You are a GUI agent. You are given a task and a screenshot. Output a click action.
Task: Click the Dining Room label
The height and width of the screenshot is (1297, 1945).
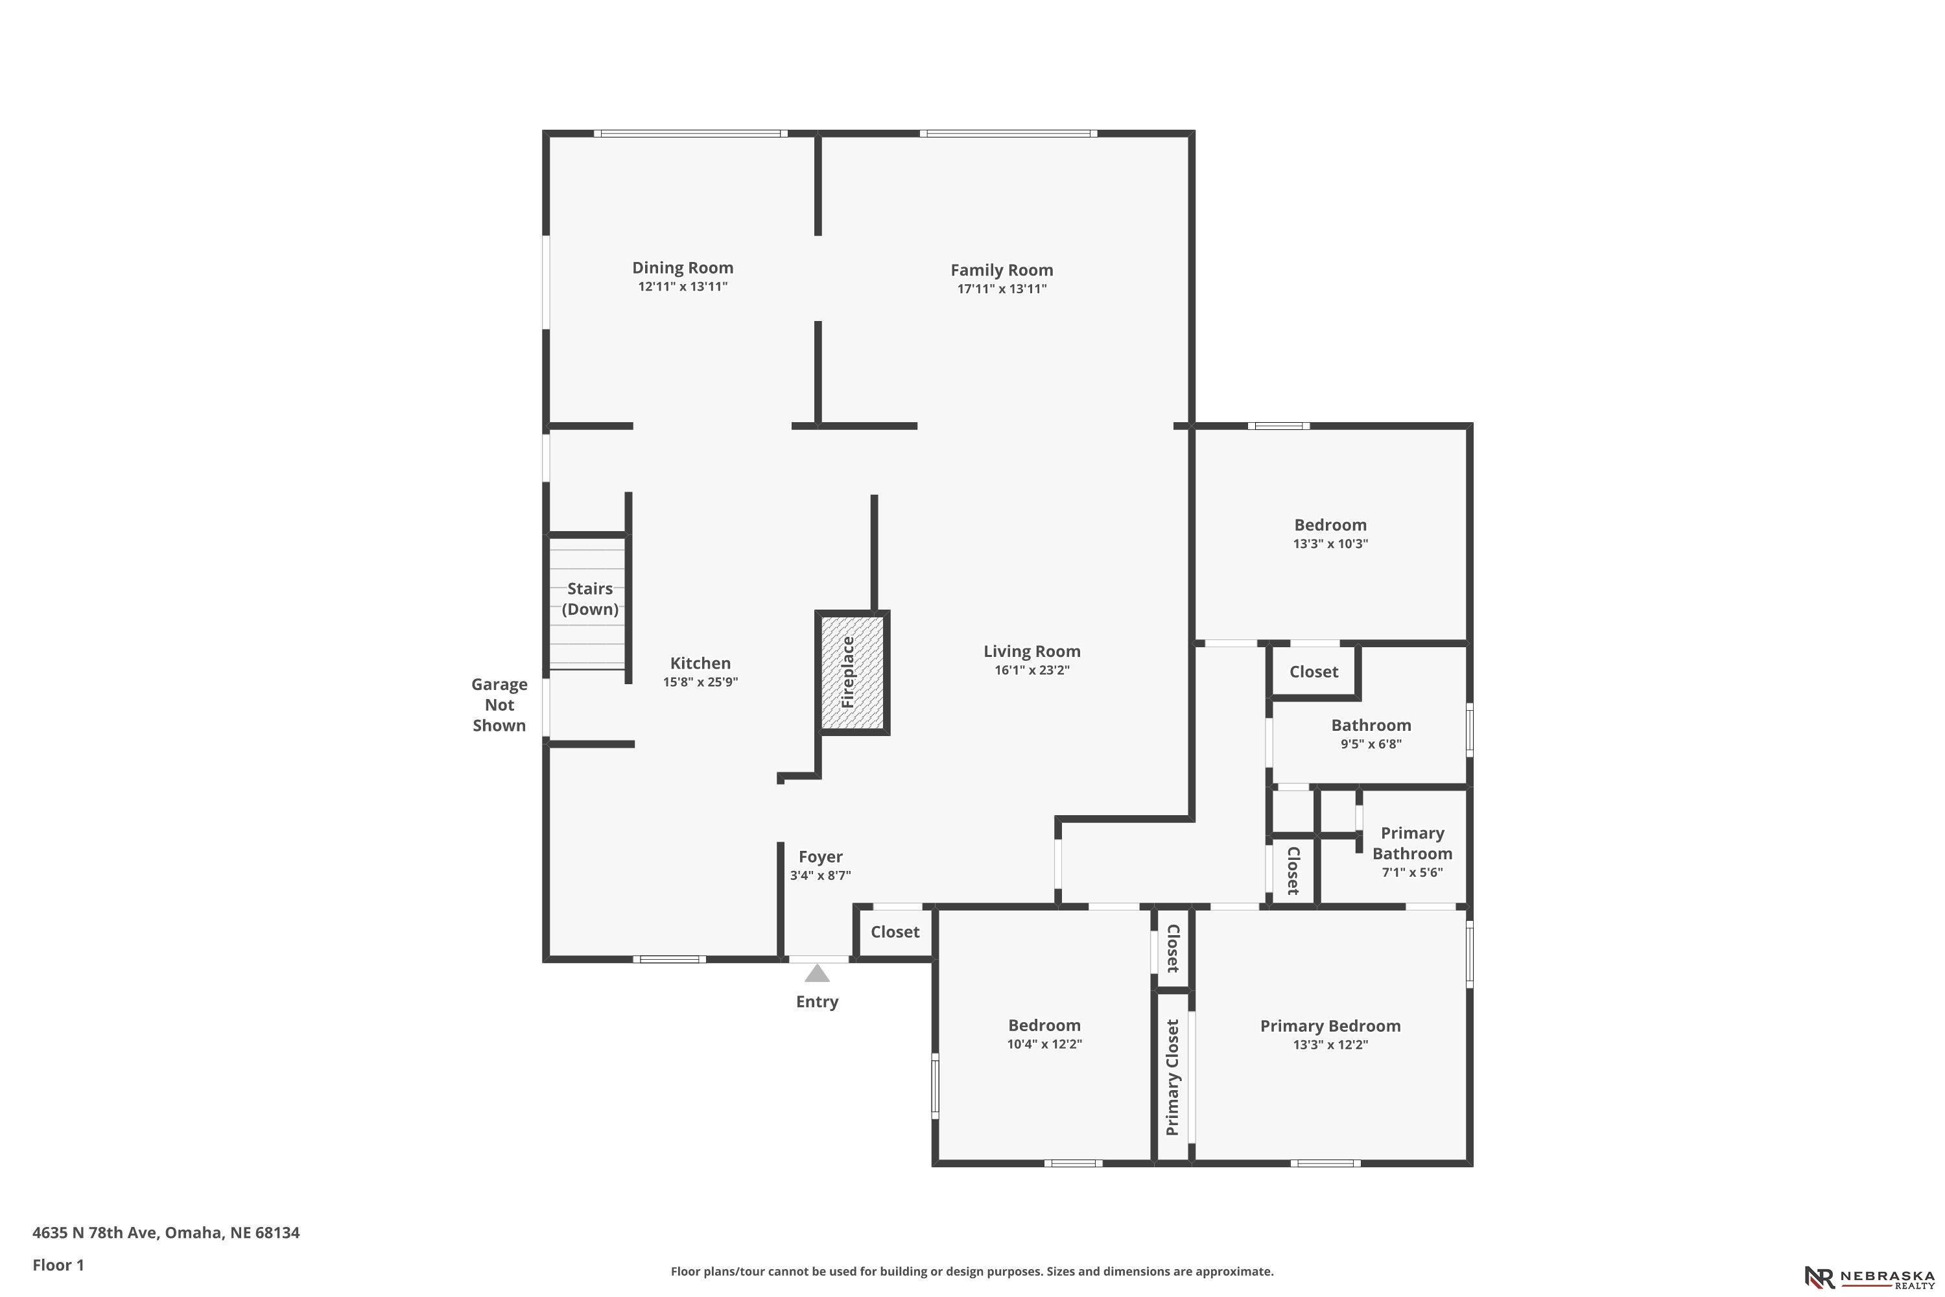point(682,268)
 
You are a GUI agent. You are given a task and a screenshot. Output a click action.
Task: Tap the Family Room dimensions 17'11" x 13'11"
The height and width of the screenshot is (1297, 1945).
point(1002,289)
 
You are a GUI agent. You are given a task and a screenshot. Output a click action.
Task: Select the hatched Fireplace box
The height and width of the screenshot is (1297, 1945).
point(852,672)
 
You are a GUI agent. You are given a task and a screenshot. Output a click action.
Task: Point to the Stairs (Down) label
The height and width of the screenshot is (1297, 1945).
point(589,599)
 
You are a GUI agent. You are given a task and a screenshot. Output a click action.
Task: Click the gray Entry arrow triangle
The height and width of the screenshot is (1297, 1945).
point(817,973)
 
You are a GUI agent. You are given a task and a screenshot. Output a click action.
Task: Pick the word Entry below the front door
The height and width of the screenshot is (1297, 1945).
point(817,1002)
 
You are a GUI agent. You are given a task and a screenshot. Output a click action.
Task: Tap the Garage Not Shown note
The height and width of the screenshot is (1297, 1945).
point(499,705)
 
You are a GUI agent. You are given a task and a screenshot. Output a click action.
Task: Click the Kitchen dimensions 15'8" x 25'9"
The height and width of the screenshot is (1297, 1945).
point(700,682)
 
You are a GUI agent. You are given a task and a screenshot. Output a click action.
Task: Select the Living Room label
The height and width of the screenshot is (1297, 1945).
point(1031,652)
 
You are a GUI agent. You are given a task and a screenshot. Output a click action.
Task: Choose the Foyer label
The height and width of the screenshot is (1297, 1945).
point(820,857)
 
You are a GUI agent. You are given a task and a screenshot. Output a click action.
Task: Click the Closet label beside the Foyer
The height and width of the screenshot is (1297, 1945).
point(895,933)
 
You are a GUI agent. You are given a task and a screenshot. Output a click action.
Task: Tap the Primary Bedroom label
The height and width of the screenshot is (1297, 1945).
point(1330,1027)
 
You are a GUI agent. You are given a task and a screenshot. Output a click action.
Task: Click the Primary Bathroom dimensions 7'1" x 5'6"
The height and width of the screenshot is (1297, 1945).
point(1413,872)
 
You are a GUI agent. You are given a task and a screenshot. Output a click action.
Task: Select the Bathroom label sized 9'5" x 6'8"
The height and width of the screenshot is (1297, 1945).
point(1371,726)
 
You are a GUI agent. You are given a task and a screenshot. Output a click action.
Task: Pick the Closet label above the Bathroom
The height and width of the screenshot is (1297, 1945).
point(1314,672)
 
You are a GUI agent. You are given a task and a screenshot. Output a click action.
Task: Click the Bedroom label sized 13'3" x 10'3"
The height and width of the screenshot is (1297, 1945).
point(1330,525)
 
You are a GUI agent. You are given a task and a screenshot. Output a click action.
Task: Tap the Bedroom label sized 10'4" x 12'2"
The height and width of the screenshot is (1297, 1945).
point(1044,1026)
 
